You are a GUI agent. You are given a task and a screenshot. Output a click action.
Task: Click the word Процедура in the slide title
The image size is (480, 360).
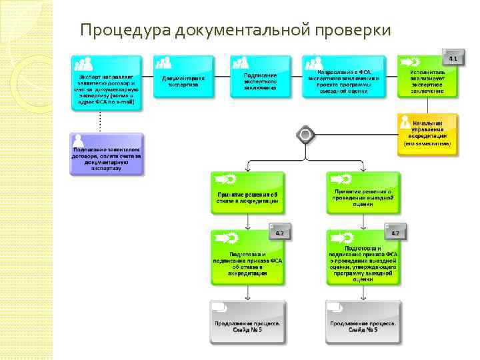(125, 29)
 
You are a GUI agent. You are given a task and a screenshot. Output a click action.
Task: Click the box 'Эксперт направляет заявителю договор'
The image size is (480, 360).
(107, 83)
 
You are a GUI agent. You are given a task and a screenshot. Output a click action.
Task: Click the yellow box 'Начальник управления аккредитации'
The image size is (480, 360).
(427, 133)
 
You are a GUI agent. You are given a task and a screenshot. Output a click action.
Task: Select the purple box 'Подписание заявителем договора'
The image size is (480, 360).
(107, 155)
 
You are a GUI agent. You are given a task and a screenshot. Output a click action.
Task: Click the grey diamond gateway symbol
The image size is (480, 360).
(305, 135)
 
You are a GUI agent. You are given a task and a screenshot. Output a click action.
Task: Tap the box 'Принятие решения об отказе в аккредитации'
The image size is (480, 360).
(247, 191)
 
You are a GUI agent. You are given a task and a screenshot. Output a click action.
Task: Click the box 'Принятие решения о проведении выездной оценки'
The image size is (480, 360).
(363, 191)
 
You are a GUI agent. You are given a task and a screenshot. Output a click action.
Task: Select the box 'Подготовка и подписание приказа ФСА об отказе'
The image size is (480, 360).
(247, 257)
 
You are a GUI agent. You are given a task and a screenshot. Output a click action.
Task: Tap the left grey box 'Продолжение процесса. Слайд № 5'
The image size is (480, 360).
(247, 321)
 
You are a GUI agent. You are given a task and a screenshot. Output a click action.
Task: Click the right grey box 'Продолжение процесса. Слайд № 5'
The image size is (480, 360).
(363, 321)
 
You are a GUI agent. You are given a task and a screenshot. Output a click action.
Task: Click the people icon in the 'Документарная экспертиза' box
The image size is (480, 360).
(163, 63)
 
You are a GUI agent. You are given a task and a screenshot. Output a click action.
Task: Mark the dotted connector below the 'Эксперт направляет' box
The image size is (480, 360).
(100, 121)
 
